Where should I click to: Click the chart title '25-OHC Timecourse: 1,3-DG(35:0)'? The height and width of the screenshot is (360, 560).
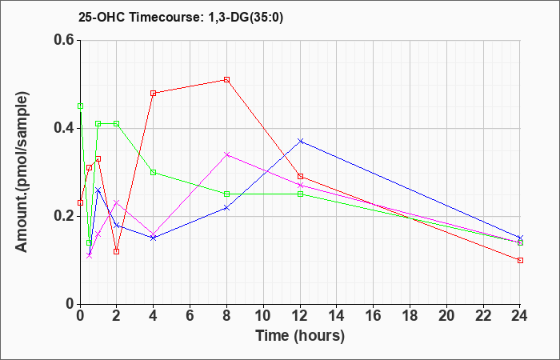point(181,18)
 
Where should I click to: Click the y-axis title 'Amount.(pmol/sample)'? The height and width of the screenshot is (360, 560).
point(22,172)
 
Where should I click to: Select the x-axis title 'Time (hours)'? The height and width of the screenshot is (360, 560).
point(300,336)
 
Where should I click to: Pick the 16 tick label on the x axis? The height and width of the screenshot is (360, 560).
point(374,316)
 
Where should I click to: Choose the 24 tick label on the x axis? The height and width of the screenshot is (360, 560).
point(520,316)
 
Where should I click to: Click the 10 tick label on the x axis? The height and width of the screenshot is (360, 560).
point(263,316)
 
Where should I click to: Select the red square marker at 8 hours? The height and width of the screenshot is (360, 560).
point(226,80)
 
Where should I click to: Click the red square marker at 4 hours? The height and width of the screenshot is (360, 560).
point(154,94)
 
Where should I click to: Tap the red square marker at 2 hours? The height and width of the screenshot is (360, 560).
point(117,251)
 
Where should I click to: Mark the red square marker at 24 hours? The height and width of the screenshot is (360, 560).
point(520,260)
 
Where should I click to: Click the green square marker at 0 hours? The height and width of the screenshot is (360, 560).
point(80,106)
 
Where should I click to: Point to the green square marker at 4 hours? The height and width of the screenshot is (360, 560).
point(154,172)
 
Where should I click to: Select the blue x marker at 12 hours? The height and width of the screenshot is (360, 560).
point(300,141)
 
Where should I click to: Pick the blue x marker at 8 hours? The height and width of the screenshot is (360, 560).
point(226,207)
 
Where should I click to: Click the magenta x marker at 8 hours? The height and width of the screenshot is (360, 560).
point(226,154)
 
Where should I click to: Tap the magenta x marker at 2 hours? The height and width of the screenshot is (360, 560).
point(117,203)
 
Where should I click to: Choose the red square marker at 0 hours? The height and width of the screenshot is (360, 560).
point(80,203)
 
